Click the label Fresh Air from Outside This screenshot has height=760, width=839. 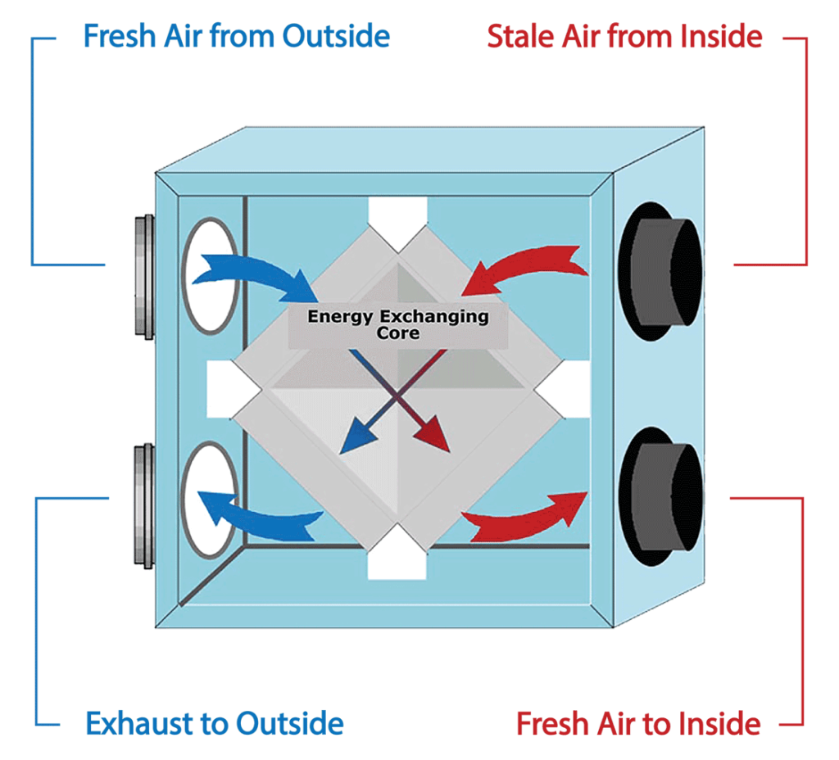tap(236, 36)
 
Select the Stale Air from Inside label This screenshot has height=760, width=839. tap(624, 36)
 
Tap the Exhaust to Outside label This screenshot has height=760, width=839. tap(215, 723)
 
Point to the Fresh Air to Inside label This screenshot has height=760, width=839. tap(638, 723)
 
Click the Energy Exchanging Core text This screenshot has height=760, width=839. tap(398, 324)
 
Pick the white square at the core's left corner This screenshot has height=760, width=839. tap(231, 387)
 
